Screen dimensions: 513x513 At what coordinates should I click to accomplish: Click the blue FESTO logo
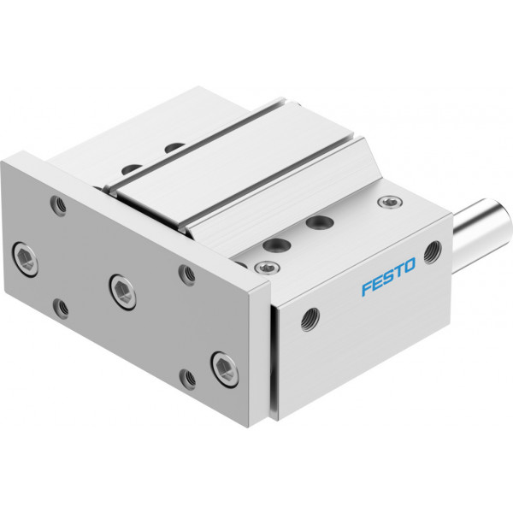(x=388, y=277)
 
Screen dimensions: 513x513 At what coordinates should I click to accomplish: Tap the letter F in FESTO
(x=367, y=288)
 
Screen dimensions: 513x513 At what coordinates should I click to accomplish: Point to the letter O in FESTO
(x=410, y=265)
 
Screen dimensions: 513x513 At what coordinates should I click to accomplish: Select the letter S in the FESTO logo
(x=388, y=277)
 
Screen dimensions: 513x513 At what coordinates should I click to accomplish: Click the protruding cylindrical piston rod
(x=482, y=224)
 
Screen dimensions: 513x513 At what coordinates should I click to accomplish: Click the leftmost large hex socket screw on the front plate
(x=25, y=259)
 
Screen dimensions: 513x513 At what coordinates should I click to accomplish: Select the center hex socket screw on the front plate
(x=122, y=292)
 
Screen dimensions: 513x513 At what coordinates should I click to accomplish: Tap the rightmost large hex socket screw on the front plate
(x=225, y=369)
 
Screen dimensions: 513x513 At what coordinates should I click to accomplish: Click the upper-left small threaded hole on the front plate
(x=58, y=205)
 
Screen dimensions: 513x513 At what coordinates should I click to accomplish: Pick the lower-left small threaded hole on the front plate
(x=61, y=309)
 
